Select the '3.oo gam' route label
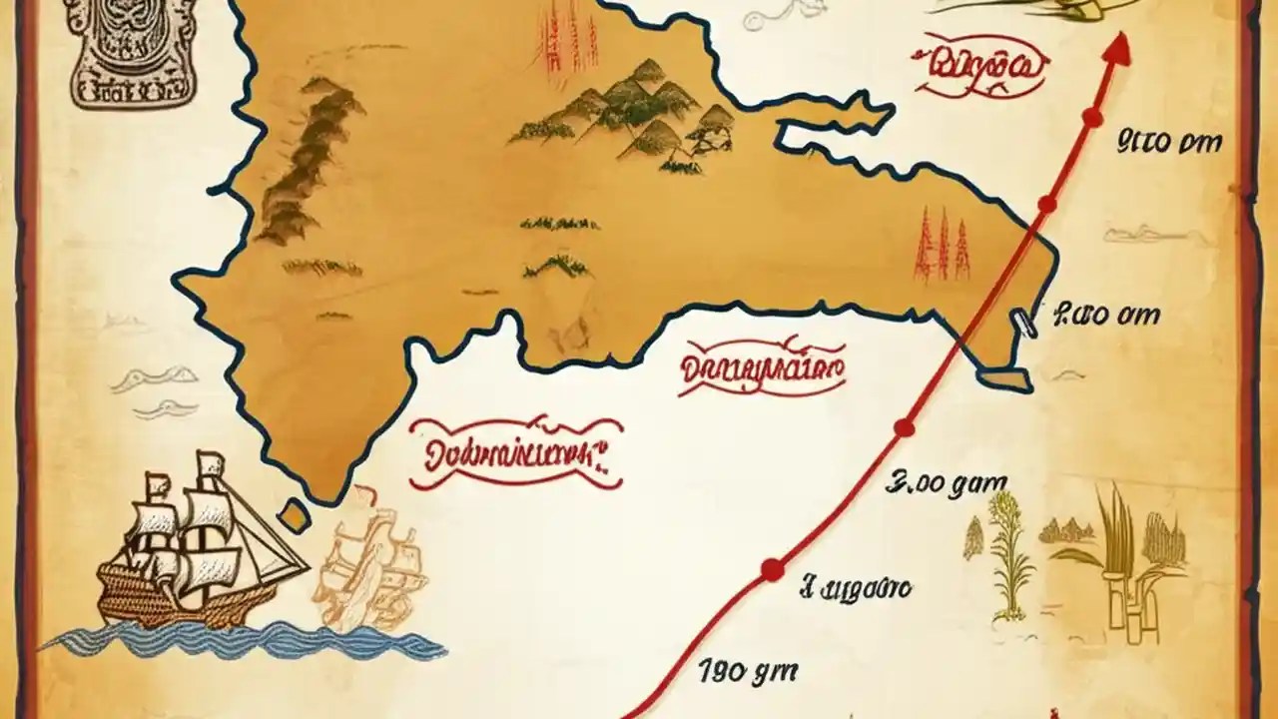[947, 487]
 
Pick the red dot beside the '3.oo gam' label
[904, 428]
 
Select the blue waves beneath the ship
[240, 639]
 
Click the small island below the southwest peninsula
[293, 513]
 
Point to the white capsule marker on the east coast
[1023, 323]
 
